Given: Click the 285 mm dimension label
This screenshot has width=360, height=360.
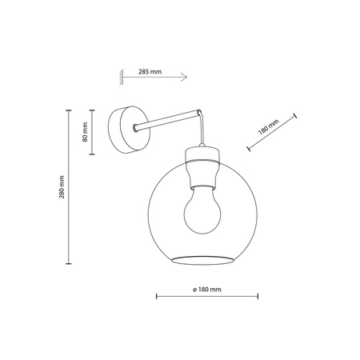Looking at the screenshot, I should click(x=150, y=71).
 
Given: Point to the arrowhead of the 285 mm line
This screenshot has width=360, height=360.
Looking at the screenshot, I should click(x=184, y=78).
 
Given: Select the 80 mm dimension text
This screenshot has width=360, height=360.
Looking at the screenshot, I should click(x=85, y=135).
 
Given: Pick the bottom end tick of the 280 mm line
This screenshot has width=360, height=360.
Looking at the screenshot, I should click(x=67, y=265).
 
